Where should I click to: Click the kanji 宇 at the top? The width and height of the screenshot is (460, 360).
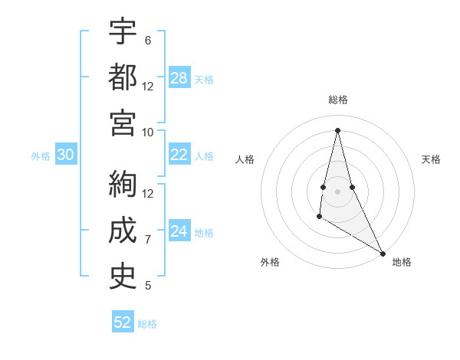click(x=123, y=31)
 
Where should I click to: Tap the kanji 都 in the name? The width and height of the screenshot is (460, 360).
click(x=123, y=77)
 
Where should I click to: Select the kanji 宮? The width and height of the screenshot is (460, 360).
click(x=123, y=123)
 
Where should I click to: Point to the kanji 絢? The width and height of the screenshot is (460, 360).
click(x=123, y=185)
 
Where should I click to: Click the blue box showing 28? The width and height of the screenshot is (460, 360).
click(x=179, y=78)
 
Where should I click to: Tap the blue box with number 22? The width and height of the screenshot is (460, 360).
click(x=179, y=155)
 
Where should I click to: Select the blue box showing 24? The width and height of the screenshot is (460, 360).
click(x=179, y=231)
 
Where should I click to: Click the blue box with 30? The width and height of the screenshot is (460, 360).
click(x=65, y=155)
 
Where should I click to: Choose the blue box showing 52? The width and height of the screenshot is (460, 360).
click(x=123, y=322)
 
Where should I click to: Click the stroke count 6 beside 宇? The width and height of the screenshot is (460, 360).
click(x=148, y=40)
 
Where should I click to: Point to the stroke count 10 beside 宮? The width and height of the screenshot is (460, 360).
click(x=148, y=132)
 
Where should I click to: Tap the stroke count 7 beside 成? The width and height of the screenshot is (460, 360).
click(x=148, y=240)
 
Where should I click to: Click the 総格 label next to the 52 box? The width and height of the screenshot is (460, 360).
click(x=147, y=324)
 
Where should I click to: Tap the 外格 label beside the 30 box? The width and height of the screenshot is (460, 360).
click(x=41, y=156)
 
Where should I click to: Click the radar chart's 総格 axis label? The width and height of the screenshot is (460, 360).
click(x=337, y=100)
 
